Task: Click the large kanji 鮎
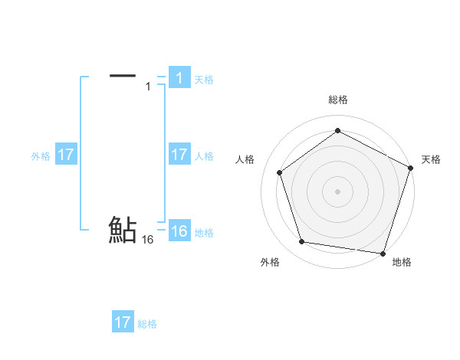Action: [x=123, y=230]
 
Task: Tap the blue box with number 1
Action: [x=179, y=77]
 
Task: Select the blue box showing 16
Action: [x=179, y=231]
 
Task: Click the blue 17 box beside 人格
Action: [x=179, y=155]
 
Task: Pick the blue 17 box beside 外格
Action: [x=66, y=155]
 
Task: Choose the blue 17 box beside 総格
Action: [x=123, y=322]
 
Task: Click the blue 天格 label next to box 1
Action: [x=204, y=79]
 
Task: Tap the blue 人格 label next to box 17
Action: [x=204, y=155]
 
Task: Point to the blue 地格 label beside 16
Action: [x=204, y=233]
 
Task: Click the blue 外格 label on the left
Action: [x=41, y=155]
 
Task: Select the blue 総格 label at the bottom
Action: [x=147, y=324]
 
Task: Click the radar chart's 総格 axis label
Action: [x=337, y=100]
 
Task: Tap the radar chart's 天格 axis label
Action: [x=431, y=159]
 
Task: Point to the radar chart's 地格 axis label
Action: [x=402, y=262]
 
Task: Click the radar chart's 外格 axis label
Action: [x=270, y=262]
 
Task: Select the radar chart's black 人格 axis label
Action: [x=245, y=159]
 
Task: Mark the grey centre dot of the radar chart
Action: [x=337, y=191]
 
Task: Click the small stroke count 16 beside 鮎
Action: [x=148, y=240]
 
